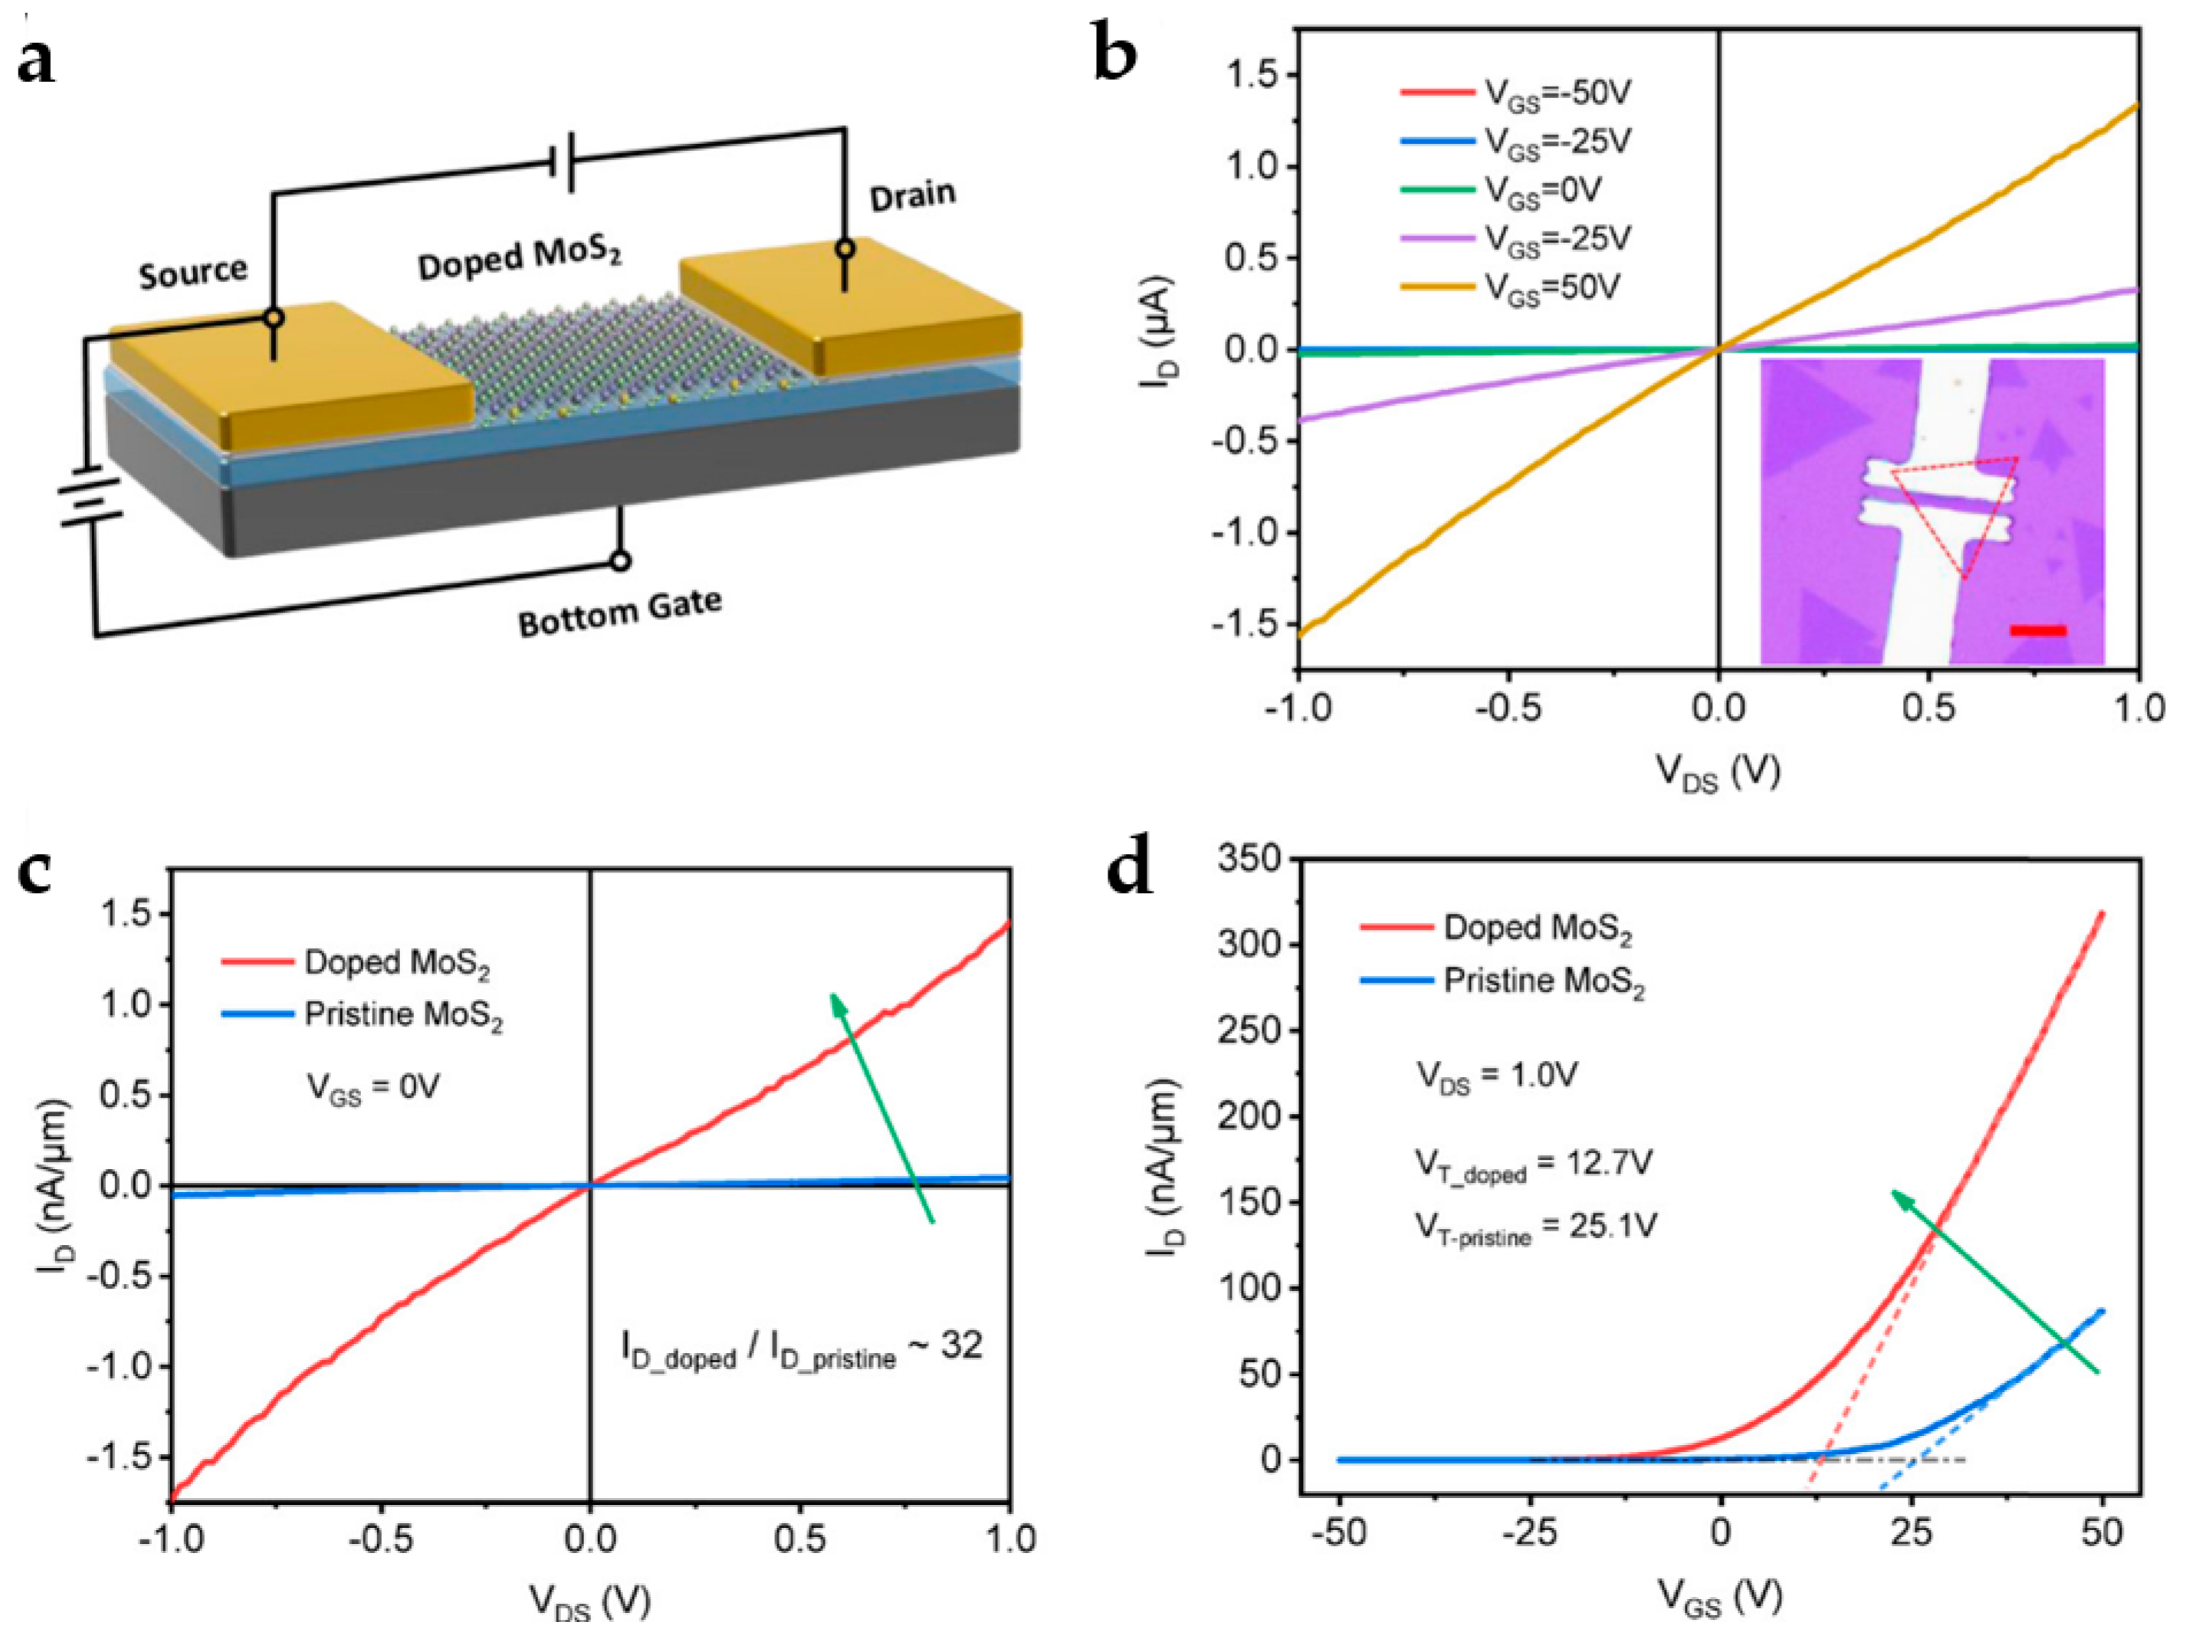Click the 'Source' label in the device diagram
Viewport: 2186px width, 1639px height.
[192, 272]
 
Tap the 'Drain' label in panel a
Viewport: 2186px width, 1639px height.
[912, 195]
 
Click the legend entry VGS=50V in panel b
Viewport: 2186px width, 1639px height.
[1551, 287]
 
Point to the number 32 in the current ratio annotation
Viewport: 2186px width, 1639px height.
[960, 1345]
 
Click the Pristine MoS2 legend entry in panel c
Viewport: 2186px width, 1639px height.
[402, 1015]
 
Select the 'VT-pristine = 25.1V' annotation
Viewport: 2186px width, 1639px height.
[1534, 1227]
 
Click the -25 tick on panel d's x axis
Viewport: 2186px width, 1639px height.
[1529, 1533]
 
